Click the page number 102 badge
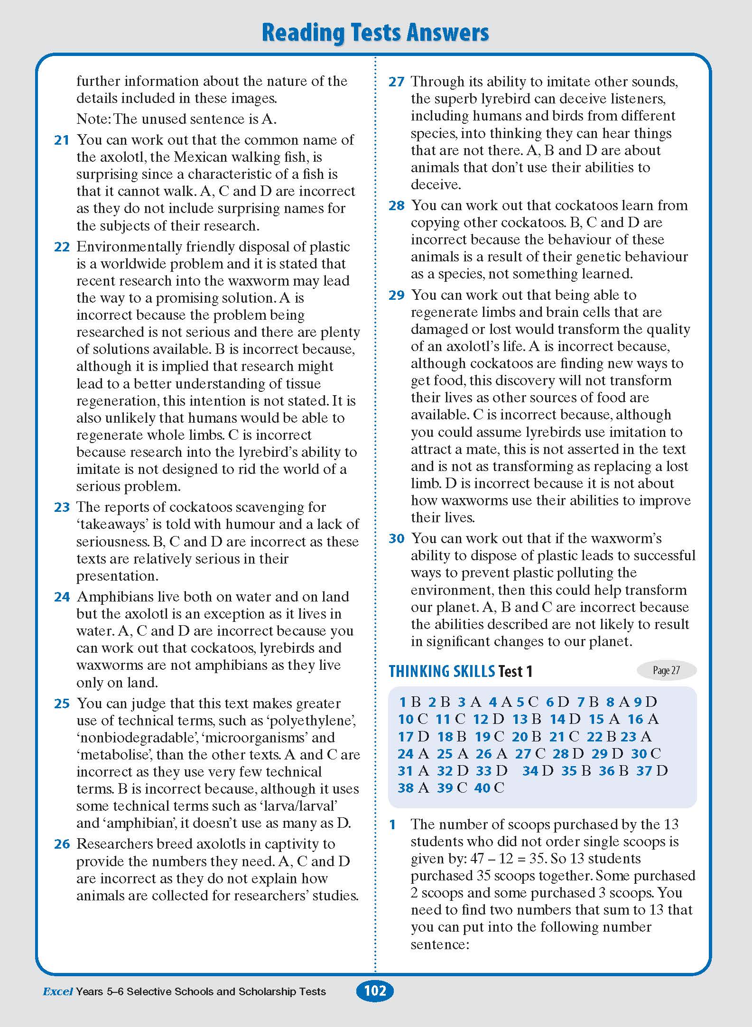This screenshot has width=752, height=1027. [x=375, y=991]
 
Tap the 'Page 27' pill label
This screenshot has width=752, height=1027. [x=666, y=670]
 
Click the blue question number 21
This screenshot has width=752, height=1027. [x=62, y=140]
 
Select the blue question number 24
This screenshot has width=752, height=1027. [x=62, y=597]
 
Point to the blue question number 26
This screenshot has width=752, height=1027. [x=62, y=844]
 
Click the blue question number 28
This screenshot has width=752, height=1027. [x=396, y=206]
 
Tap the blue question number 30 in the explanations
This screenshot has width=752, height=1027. [x=396, y=539]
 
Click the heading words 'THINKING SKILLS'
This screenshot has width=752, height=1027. [x=442, y=671]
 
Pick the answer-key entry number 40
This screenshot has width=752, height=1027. [x=482, y=788]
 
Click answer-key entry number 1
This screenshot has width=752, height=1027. [x=403, y=702]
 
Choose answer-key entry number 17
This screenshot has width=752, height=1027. [x=406, y=737]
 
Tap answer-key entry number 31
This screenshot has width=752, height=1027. [x=406, y=771]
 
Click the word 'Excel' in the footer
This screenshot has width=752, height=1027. [x=57, y=991]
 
